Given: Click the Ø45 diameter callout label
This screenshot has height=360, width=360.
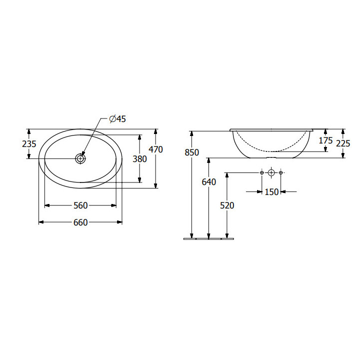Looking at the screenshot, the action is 117,119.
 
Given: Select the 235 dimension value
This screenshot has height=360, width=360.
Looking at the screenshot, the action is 29,144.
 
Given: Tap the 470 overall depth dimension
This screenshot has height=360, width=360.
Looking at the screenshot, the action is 155,149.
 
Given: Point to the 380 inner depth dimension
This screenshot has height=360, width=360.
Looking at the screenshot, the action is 139,159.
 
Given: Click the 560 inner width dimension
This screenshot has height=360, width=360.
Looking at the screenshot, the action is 80,205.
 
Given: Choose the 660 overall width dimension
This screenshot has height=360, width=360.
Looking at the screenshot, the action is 80,222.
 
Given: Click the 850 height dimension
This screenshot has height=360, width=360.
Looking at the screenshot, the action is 191,152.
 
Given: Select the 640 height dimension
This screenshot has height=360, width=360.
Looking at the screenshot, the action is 209,182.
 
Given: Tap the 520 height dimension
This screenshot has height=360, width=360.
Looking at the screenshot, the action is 227,205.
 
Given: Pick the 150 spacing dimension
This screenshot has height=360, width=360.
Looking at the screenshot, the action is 271,192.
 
